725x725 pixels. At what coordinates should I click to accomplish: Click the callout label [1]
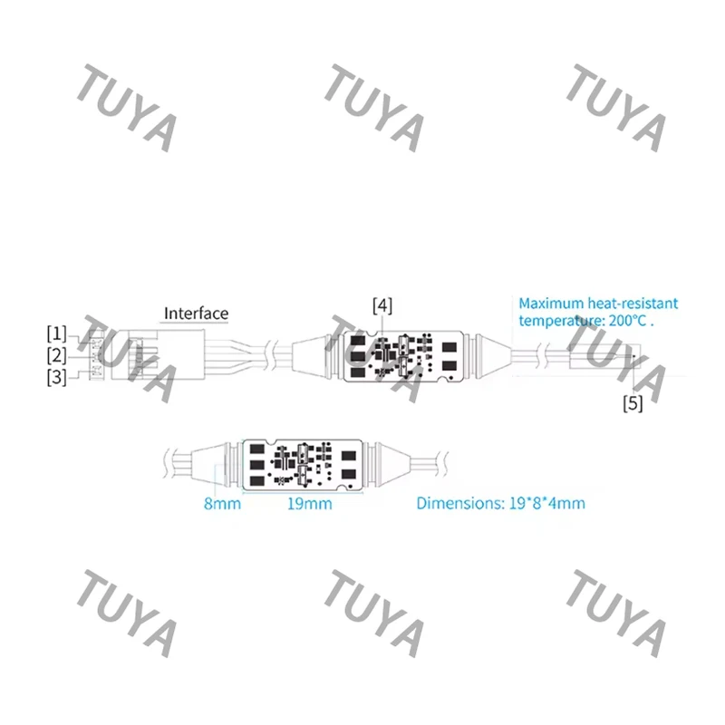(x=56, y=333)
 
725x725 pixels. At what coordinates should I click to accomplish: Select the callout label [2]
(x=56, y=355)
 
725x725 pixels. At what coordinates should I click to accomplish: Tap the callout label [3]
(x=56, y=377)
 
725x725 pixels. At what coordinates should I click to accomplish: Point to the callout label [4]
(x=382, y=306)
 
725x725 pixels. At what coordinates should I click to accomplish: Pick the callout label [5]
(x=633, y=403)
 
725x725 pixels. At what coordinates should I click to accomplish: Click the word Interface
(x=196, y=314)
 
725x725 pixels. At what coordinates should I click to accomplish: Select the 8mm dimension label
(x=222, y=504)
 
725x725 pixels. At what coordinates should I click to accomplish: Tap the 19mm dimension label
(x=310, y=504)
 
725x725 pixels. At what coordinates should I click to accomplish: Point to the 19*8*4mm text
(x=547, y=503)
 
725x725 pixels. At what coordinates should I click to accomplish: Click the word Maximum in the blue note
(x=551, y=304)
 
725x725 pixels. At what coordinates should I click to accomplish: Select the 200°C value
(x=627, y=321)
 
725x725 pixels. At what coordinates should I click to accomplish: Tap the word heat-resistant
(x=633, y=304)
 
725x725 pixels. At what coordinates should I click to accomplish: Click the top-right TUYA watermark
(x=616, y=108)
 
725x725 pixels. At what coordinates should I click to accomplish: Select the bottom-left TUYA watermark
(x=126, y=614)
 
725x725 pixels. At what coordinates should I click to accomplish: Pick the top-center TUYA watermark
(x=373, y=108)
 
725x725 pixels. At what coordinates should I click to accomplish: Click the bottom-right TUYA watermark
(x=616, y=614)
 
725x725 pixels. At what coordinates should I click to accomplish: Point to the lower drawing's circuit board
(x=303, y=465)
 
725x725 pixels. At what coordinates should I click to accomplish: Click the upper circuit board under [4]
(x=403, y=356)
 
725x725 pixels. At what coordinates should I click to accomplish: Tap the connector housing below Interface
(x=158, y=354)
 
